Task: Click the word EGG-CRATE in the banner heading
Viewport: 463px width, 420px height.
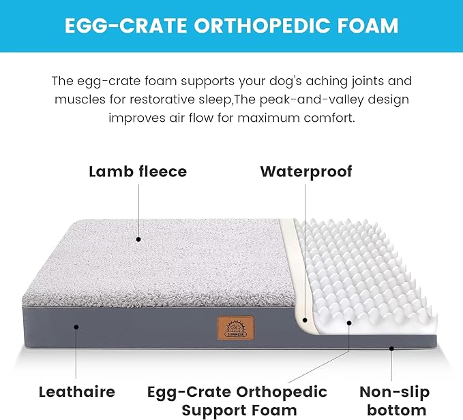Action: [x=119, y=26]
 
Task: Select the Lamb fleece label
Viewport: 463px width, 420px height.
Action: [x=137, y=171]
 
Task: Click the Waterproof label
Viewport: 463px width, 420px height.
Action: [x=305, y=171]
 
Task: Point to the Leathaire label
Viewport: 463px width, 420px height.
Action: [x=76, y=391]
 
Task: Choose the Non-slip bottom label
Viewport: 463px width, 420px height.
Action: [x=395, y=401]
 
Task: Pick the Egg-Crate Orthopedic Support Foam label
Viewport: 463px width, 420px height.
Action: [x=238, y=401]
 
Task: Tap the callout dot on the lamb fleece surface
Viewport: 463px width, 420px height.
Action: [x=138, y=239]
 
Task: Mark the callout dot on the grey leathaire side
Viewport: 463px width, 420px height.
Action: [x=76, y=327]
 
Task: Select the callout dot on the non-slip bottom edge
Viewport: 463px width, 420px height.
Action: [x=392, y=349]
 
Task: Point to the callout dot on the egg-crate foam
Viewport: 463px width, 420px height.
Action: [x=349, y=325]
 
